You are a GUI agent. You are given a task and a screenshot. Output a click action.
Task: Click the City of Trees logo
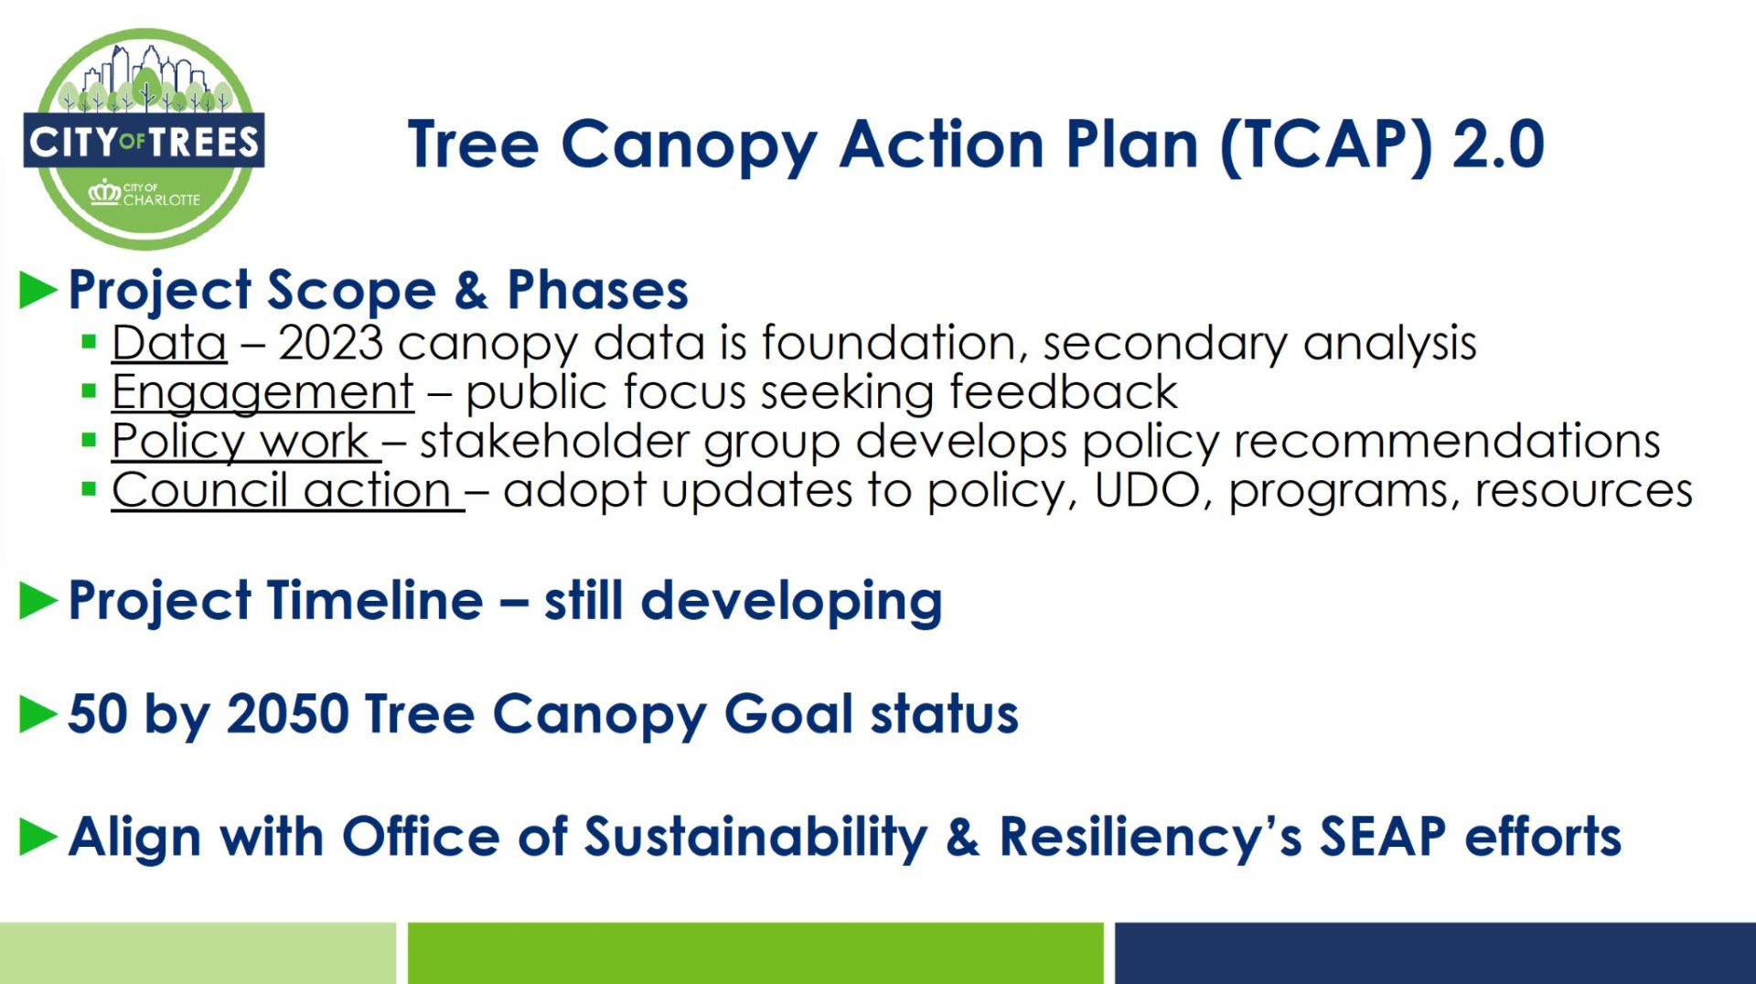pos(144,139)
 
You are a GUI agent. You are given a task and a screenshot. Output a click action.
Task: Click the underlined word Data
pos(169,343)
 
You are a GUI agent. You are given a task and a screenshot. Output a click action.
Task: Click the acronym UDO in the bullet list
pos(1147,490)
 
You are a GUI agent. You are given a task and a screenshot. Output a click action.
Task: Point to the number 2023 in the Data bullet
pos(330,343)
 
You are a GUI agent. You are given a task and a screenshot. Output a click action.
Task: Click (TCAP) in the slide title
pos(1326,145)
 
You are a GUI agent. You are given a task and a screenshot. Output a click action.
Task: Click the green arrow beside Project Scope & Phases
pos(37,291)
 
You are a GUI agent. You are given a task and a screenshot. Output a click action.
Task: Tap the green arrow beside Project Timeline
pos(37,601)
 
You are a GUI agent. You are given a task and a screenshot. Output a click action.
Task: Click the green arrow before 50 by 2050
pos(37,715)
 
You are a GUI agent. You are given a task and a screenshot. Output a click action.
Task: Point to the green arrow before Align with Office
pos(37,837)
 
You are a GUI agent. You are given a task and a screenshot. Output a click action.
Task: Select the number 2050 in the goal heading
pos(288,714)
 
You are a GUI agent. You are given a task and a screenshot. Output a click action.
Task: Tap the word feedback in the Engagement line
pos(1064,392)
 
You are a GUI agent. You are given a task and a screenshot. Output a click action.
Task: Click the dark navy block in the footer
pos(1435,953)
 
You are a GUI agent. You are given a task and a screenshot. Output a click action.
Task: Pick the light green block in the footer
pos(198,953)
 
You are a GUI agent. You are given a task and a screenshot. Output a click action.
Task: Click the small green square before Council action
pos(89,489)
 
